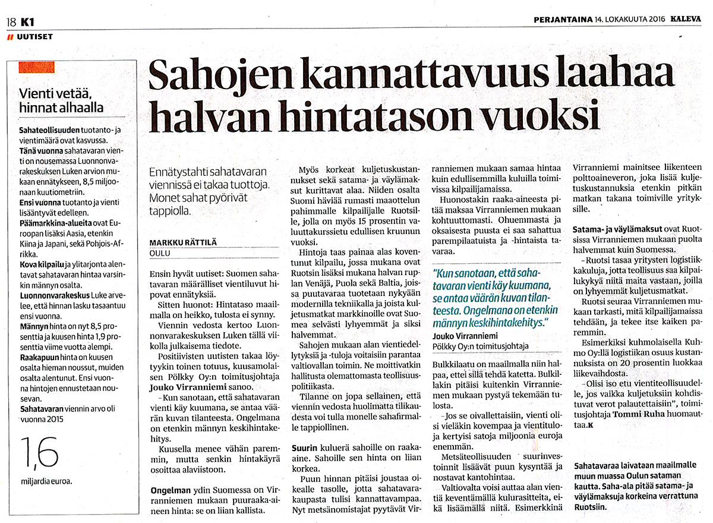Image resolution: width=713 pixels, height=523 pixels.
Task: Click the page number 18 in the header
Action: pos(11,22)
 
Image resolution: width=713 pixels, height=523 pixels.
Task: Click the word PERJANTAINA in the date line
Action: pos(561,18)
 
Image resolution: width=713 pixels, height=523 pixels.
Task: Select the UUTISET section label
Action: pos(34,37)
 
